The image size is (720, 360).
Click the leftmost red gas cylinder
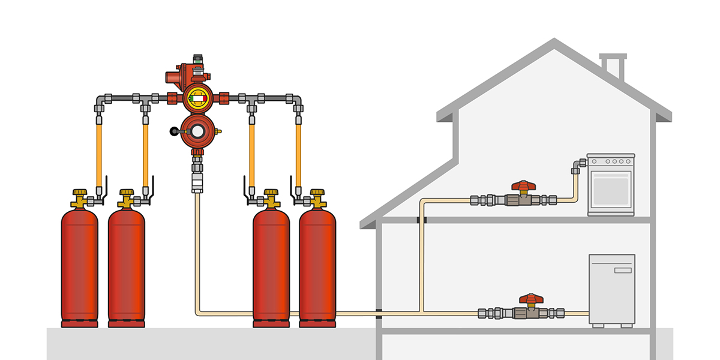click(x=79, y=264)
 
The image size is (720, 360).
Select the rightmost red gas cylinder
click(x=317, y=264)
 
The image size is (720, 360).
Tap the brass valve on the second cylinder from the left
click(x=126, y=199)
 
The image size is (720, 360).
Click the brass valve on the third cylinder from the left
click(x=271, y=199)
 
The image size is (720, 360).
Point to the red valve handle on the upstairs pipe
click(x=523, y=186)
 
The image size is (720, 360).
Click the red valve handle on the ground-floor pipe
click(x=530, y=298)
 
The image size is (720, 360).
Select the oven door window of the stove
click(x=611, y=190)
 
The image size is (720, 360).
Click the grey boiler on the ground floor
click(x=611, y=290)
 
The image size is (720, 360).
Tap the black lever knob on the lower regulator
click(x=174, y=130)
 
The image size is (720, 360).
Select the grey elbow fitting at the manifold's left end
click(x=100, y=100)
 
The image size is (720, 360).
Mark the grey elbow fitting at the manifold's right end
click(x=298, y=100)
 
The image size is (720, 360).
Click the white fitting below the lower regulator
click(x=196, y=182)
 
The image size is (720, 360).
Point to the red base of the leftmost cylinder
click(x=79, y=324)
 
